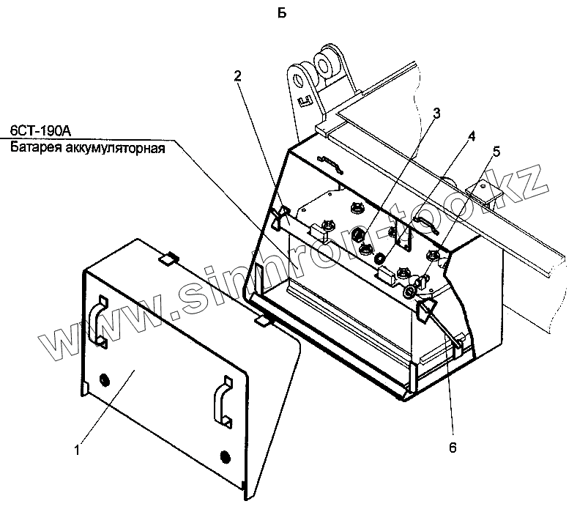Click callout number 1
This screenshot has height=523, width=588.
click(77, 450)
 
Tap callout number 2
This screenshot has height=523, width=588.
click(239, 75)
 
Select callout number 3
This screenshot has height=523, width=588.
click(436, 113)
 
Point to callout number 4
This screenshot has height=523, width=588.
click(471, 136)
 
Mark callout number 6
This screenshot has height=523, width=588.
click(452, 447)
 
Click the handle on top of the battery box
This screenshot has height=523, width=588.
click(330, 162)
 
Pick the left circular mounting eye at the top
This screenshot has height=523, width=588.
click(298, 78)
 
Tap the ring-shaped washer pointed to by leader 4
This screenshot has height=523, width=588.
click(380, 259)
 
